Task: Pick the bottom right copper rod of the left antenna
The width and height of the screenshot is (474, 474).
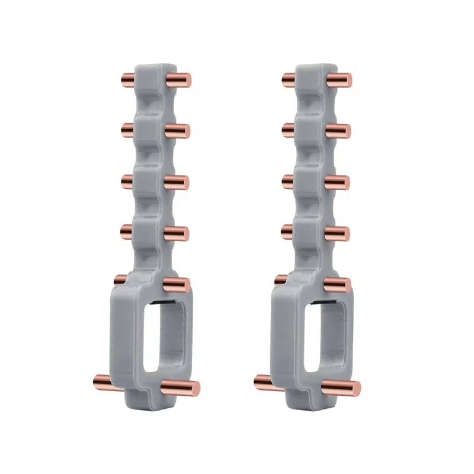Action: [x=181, y=388]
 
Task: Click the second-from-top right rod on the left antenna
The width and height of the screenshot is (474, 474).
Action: [x=177, y=131]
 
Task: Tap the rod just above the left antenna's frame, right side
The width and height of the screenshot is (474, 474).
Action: [x=177, y=284]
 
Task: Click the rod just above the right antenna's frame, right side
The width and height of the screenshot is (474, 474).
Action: [x=337, y=284]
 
